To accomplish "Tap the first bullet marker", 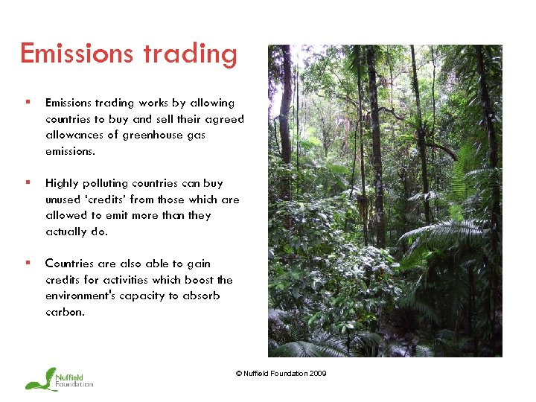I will click(x=28, y=103).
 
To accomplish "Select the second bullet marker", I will click(x=28, y=183).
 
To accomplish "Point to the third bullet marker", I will click(x=28, y=264).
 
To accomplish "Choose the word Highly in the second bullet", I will click(x=63, y=184).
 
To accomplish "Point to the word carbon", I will click(x=64, y=312).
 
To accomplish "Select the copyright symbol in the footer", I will click(x=238, y=374).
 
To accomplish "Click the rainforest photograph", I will click(x=385, y=201).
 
